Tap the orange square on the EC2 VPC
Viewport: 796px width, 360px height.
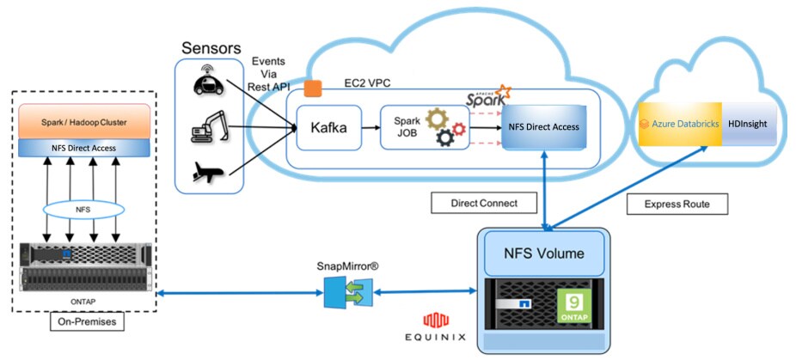[x=312, y=88]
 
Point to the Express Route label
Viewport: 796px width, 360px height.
[x=676, y=204]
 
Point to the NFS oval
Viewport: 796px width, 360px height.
[x=83, y=211]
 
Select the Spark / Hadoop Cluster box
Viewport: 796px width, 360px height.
[x=83, y=124]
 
